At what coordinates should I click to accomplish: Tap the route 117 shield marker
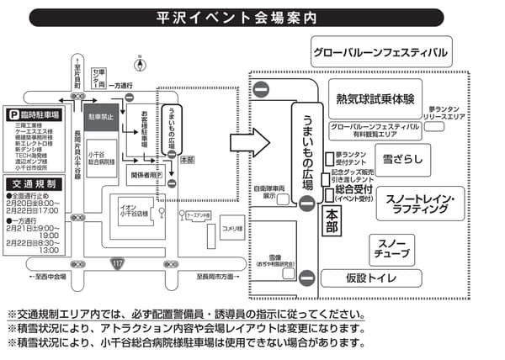coord(116,265)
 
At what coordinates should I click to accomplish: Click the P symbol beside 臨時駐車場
coord(13,114)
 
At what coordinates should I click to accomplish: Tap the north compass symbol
coord(137,61)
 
